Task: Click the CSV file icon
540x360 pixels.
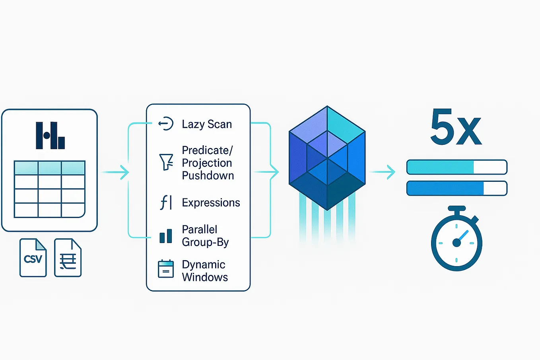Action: pyautogui.click(x=33, y=258)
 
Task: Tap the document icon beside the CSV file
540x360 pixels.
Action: pyautogui.click(x=68, y=258)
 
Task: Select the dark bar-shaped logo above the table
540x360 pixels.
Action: pyautogui.click(x=50, y=136)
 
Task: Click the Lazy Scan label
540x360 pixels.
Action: pyautogui.click(x=206, y=124)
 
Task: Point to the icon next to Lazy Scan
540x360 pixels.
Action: pyautogui.click(x=166, y=124)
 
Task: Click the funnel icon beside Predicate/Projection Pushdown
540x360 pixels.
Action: pyautogui.click(x=166, y=162)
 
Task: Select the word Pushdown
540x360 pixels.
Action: pyautogui.click(x=208, y=175)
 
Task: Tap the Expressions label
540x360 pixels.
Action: pyautogui.click(x=211, y=202)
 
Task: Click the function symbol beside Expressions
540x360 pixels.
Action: pyautogui.click(x=166, y=202)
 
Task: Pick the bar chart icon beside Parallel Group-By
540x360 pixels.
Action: pyautogui.click(x=166, y=236)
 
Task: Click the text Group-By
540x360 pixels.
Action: pyautogui.click(x=205, y=242)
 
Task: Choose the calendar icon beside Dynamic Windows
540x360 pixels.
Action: pyautogui.click(x=166, y=269)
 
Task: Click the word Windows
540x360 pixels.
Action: pyautogui.click(x=205, y=277)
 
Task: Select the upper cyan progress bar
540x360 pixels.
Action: pyautogui.click(x=456, y=167)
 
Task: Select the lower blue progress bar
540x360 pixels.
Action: pyautogui.click(x=456, y=188)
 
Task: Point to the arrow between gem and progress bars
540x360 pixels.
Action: pyautogui.click(x=382, y=172)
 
